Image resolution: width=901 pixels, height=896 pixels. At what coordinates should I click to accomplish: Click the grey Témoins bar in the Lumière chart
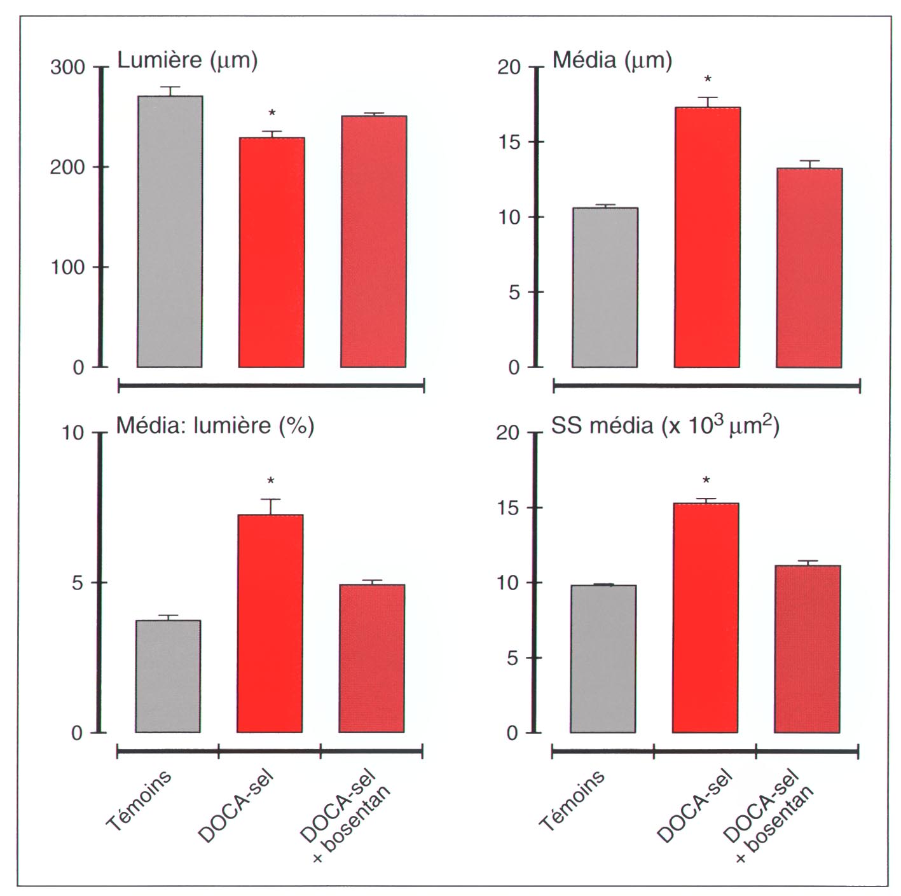point(169,231)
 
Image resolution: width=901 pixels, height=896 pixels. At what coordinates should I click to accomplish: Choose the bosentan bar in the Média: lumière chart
point(372,658)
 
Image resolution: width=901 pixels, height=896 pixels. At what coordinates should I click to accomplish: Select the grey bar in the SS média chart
point(603,659)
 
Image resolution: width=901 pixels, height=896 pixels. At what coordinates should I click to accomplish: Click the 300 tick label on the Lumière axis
point(67,67)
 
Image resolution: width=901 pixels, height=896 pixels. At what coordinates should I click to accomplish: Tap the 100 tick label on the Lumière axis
point(67,267)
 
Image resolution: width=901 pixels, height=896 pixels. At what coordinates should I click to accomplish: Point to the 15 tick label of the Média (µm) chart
point(509,142)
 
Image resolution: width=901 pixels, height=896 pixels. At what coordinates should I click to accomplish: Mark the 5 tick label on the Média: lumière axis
point(78,582)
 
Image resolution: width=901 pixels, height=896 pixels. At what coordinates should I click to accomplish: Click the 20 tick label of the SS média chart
point(507,433)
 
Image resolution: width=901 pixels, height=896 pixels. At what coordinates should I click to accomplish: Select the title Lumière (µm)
point(188,60)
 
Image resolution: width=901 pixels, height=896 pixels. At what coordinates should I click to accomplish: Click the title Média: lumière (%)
point(215,425)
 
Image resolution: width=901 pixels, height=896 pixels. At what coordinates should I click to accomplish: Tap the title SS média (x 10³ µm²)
point(665,425)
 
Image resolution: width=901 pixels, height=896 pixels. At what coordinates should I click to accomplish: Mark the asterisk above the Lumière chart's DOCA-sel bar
point(272,113)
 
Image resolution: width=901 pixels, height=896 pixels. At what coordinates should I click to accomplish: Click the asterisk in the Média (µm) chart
point(708,79)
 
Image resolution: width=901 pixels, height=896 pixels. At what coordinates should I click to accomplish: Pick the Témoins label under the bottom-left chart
point(139,801)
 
